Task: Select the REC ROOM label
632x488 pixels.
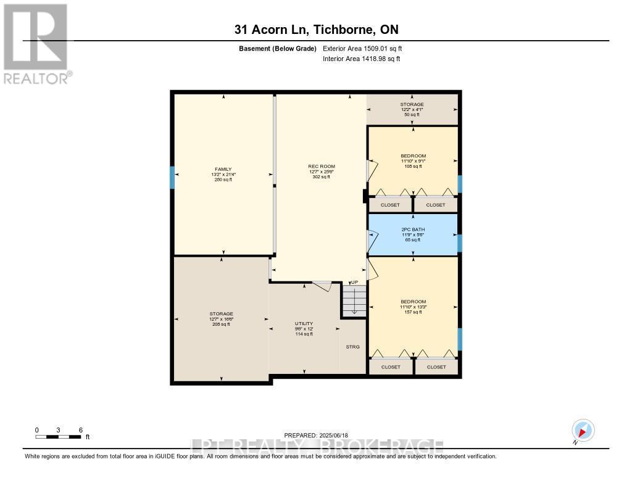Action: click(x=320, y=171)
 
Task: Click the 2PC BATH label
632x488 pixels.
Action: click(x=412, y=234)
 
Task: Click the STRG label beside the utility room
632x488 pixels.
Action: click(x=352, y=347)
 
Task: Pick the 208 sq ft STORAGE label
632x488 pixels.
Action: click(x=221, y=319)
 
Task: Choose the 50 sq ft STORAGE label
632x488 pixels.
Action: click(x=412, y=109)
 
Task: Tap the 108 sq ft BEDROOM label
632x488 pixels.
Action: click(x=413, y=160)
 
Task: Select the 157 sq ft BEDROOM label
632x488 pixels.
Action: click(x=413, y=307)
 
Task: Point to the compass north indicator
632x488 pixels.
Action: click(x=583, y=430)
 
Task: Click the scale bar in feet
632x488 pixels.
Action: click(x=59, y=437)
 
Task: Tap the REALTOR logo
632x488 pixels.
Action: click(x=35, y=43)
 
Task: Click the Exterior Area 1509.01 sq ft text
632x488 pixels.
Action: click(x=362, y=48)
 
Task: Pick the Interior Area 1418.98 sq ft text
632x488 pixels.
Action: click(x=361, y=59)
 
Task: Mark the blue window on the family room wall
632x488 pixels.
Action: click(x=173, y=177)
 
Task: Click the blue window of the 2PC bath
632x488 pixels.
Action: click(x=460, y=243)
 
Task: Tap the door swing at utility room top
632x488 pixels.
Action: click(x=322, y=286)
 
